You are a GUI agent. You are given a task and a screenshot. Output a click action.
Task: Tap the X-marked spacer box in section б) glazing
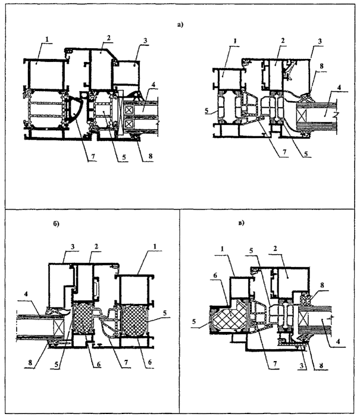(x=59, y=324)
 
